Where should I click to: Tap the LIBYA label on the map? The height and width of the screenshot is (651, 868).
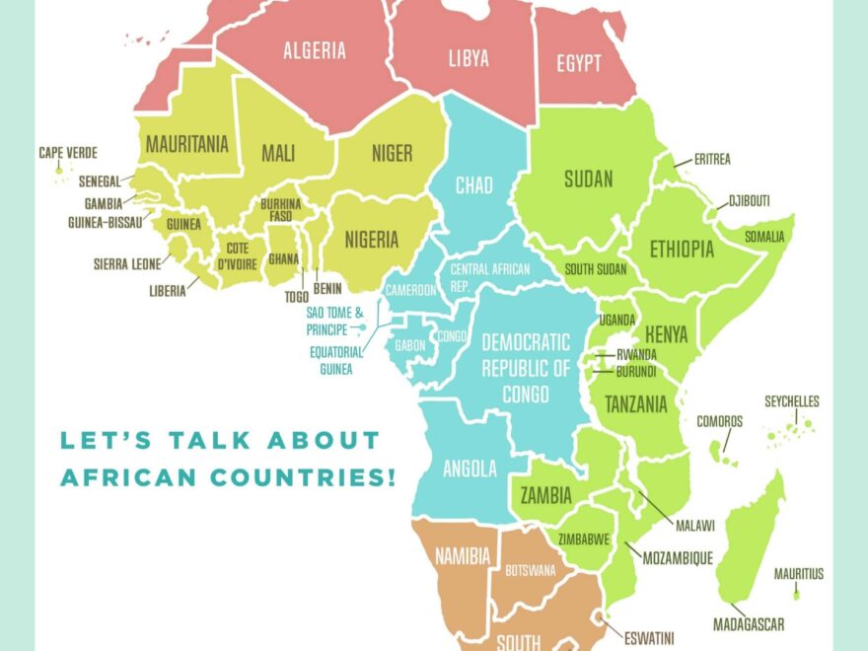(x=469, y=58)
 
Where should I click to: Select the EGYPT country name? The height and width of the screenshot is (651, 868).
(x=578, y=63)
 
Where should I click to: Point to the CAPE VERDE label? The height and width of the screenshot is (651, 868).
(x=68, y=153)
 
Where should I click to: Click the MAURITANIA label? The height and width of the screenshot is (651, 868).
(x=187, y=144)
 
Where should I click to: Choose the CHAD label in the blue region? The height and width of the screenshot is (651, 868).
(x=473, y=185)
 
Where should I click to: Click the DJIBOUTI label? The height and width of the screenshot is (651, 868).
(x=749, y=201)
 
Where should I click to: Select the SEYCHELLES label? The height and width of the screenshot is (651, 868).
(x=792, y=402)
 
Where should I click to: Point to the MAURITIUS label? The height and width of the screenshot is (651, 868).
(x=798, y=574)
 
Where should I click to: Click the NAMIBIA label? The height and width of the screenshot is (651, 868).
(x=463, y=557)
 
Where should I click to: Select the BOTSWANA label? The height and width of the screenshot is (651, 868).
(x=530, y=570)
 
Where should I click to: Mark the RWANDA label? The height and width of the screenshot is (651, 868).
(x=636, y=354)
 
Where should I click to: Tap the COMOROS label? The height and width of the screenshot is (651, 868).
(x=719, y=421)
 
